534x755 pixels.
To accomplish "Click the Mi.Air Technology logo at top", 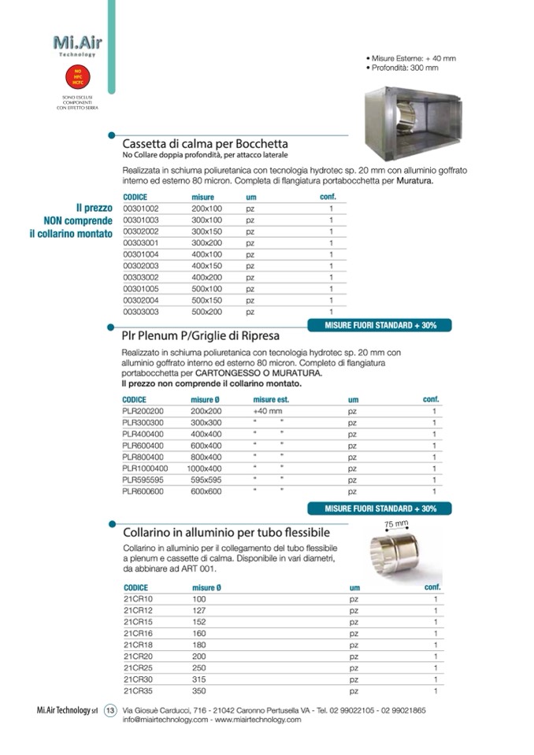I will [76, 44].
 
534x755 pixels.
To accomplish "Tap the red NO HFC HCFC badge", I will [76, 76].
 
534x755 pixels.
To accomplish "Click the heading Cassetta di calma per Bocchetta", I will [205, 144].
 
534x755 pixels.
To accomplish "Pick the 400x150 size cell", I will [207, 266].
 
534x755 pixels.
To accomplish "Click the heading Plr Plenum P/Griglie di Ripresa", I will [201, 335].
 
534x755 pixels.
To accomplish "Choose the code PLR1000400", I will [145, 468].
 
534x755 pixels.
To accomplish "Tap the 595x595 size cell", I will [207, 479].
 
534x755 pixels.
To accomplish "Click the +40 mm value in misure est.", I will [267, 411].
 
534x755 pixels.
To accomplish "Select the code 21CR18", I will [138, 645].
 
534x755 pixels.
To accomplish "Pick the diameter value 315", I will [199, 679].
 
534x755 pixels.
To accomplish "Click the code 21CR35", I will [138, 690].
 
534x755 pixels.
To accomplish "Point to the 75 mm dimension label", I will [396, 524].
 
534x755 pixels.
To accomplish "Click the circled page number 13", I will [110, 710].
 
